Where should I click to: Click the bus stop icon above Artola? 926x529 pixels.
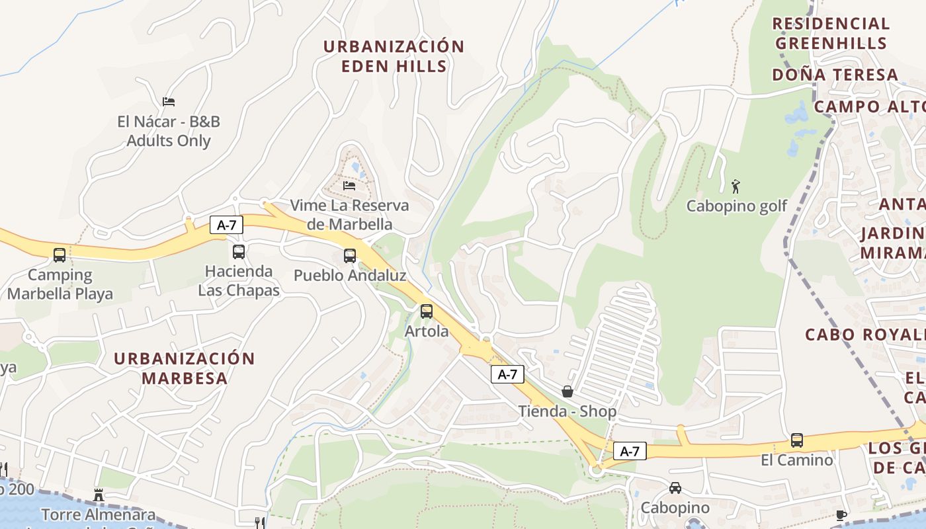click(x=427, y=311)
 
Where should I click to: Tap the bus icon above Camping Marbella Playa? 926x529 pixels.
click(x=60, y=255)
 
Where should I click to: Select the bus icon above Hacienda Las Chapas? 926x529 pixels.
click(x=239, y=251)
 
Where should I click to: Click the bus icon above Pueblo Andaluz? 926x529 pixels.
click(x=350, y=255)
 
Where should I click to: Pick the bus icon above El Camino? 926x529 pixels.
click(x=797, y=440)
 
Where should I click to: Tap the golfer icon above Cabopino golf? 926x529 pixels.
click(x=736, y=186)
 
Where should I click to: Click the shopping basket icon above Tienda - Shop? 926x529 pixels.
click(x=567, y=391)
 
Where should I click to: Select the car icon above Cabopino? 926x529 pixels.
click(x=675, y=488)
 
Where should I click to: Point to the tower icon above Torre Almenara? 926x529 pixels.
click(x=99, y=495)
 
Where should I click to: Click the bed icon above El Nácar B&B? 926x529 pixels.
click(x=169, y=102)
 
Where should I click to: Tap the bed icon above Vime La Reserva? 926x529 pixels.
click(x=349, y=186)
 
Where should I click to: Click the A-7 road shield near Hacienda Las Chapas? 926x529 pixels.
click(x=226, y=225)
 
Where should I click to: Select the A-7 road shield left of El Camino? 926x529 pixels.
click(x=630, y=451)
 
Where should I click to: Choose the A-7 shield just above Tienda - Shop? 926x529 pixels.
click(x=507, y=374)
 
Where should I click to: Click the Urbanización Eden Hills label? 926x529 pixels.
click(x=394, y=56)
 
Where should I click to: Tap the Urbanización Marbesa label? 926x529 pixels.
click(x=184, y=368)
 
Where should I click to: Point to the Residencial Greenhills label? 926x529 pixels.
click(x=831, y=33)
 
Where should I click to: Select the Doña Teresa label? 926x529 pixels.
click(x=835, y=75)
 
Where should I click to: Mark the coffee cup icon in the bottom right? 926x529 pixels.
click(x=841, y=514)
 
